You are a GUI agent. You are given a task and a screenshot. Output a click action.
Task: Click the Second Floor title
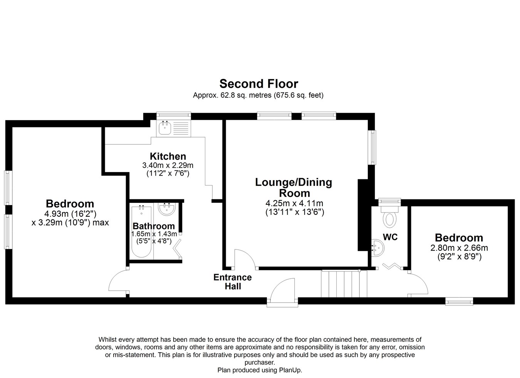(x=258, y=84)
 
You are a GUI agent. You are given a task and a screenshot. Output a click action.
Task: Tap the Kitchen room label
(x=168, y=156)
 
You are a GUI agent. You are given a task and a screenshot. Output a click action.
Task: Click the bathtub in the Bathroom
(x=141, y=231)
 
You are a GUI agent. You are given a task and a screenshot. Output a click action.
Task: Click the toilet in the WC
(x=389, y=216)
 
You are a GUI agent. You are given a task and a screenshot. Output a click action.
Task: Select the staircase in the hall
(x=344, y=284)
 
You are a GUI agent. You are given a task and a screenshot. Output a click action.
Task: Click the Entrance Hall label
(x=233, y=282)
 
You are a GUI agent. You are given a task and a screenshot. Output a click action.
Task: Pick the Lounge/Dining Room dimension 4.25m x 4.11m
(x=294, y=204)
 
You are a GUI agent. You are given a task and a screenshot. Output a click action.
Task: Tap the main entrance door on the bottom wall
(x=282, y=291)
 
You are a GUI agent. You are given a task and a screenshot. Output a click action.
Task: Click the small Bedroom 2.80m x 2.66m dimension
(x=459, y=248)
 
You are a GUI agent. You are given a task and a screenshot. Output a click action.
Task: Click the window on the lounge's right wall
(x=373, y=147)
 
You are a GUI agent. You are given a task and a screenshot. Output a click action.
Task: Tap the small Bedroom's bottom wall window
(x=459, y=302)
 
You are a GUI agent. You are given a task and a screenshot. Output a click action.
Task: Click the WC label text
(x=390, y=237)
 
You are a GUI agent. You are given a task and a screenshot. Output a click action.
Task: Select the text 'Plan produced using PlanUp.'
(x=260, y=370)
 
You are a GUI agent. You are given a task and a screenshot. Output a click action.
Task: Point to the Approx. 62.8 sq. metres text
(x=232, y=95)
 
